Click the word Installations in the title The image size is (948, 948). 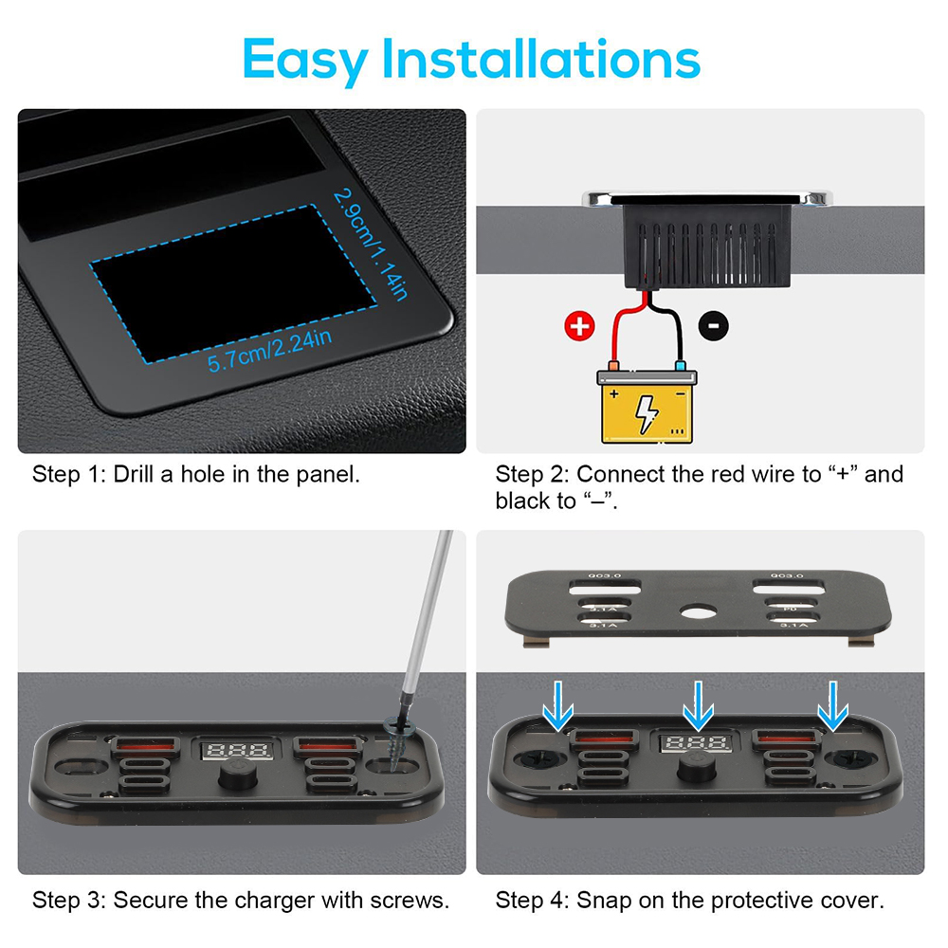click(x=541, y=58)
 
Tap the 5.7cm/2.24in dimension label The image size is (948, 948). click(x=269, y=350)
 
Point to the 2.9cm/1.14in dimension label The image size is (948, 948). click(x=370, y=244)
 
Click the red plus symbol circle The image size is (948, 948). click(x=579, y=326)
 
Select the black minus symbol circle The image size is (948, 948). click(x=714, y=325)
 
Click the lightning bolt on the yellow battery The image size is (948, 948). click(x=647, y=414)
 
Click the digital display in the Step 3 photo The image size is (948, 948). click(x=236, y=750)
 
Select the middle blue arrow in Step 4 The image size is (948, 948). click(x=699, y=706)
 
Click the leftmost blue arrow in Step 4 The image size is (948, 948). click(x=557, y=706)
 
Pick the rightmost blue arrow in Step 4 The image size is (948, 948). click(x=833, y=706)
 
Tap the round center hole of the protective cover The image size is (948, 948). click(x=699, y=611)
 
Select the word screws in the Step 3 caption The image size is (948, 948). click(x=410, y=901)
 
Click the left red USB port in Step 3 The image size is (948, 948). click(x=144, y=748)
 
